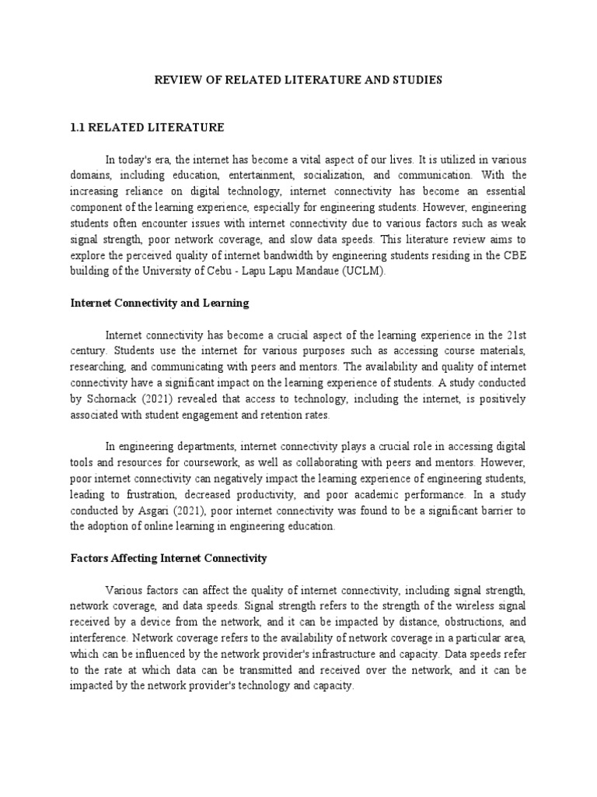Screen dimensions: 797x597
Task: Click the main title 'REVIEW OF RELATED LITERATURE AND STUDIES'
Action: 297,79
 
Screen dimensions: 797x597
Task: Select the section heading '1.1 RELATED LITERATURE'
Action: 146,127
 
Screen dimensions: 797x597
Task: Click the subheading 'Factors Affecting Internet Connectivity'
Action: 168,558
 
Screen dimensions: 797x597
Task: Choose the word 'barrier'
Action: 489,511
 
